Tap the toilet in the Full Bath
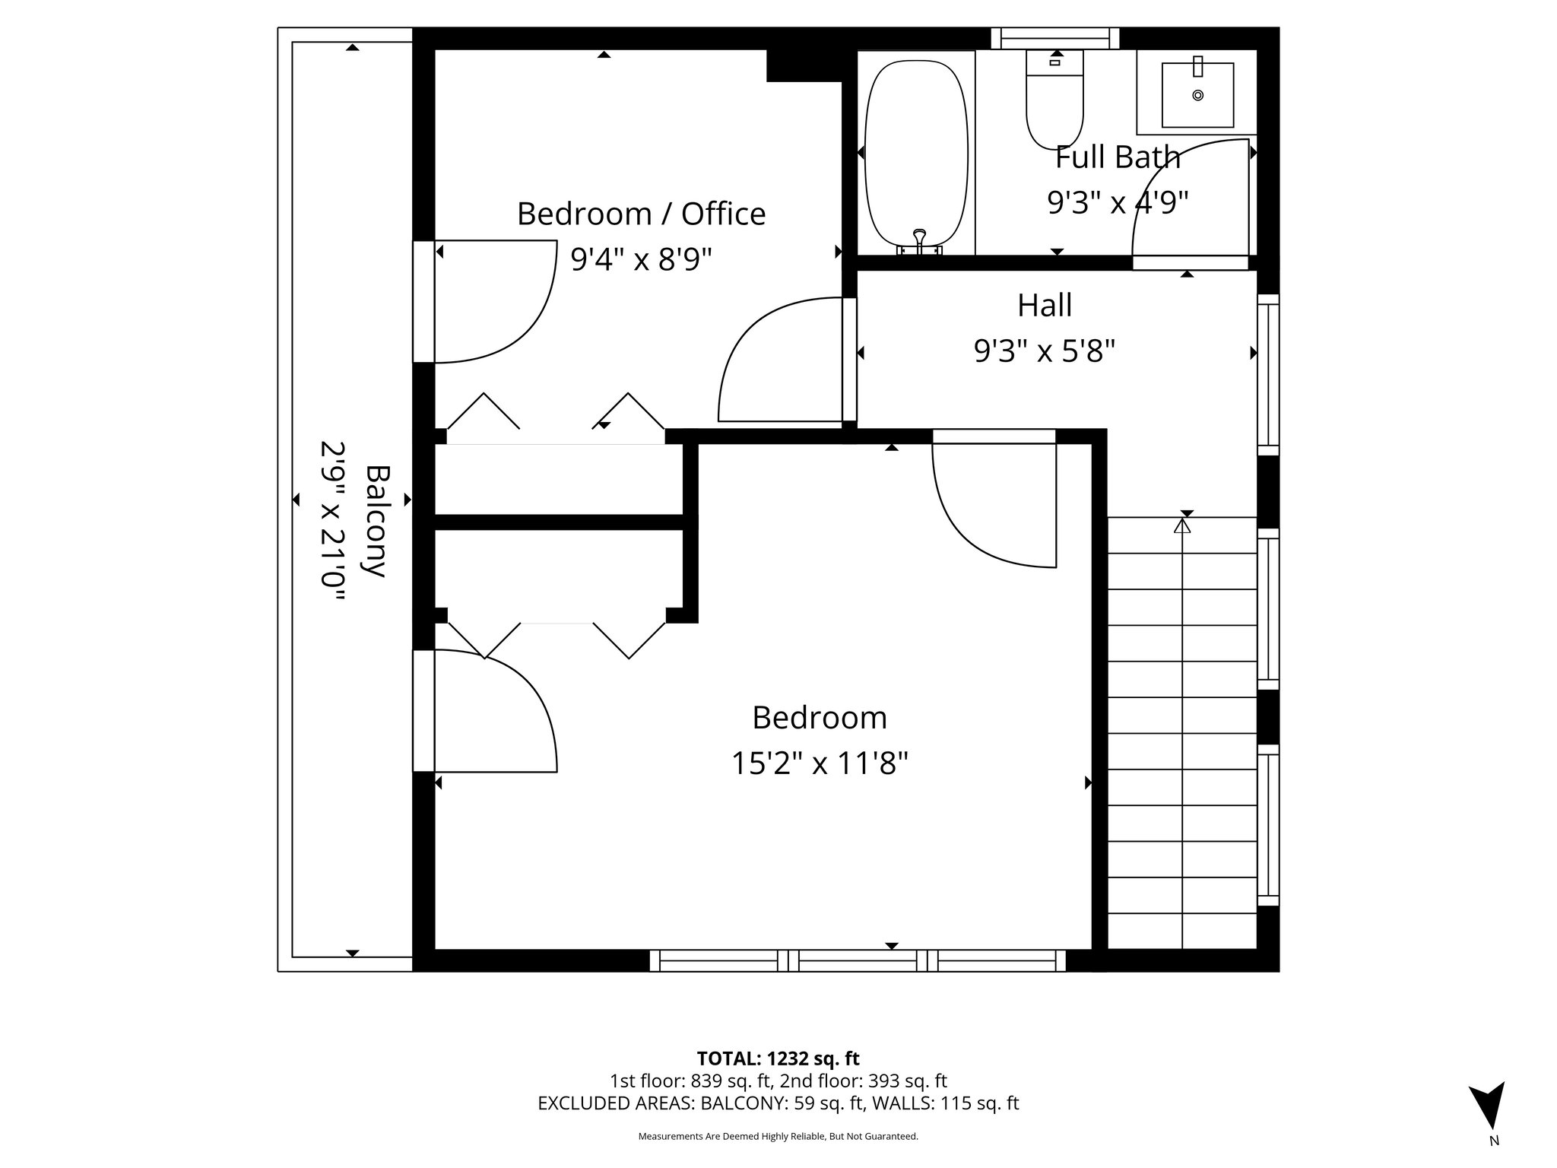(x=1054, y=103)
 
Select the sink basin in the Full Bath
(x=1197, y=95)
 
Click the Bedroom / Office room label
(x=641, y=214)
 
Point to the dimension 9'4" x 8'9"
(x=641, y=260)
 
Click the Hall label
(x=1045, y=306)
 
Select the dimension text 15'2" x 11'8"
(x=820, y=763)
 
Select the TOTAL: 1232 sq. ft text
(x=778, y=1058)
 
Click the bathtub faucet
(x=920, y=240)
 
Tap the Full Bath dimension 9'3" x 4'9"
(x=1118, y=203)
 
